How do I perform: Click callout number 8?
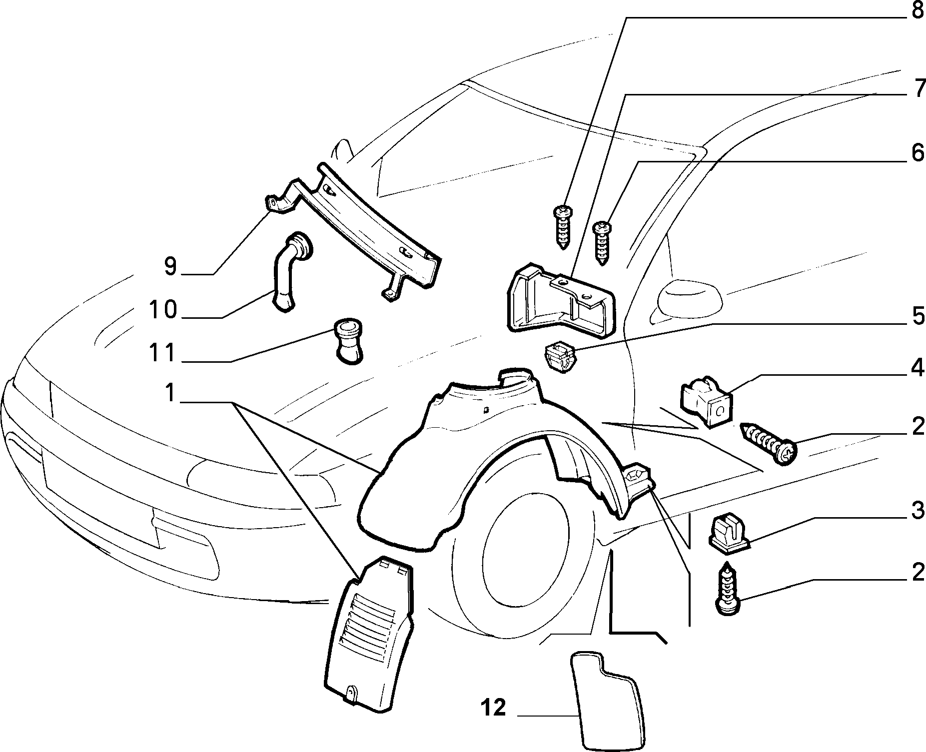click(x=918, y=10)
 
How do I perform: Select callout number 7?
click(x=918, y=89)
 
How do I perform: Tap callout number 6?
click(x=918, y=153)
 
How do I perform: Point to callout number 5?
click(x=918, y=316)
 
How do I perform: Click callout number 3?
click(x=918, y=512)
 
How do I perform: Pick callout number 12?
click(x=494, y=708)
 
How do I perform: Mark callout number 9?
click(x=171, y=266)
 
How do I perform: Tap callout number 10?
click(x=163, y=310)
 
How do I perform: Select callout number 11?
click(x=163, y=353)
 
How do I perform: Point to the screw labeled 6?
click(x=602, y=244)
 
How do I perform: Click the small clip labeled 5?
click(x=559, y=355)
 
